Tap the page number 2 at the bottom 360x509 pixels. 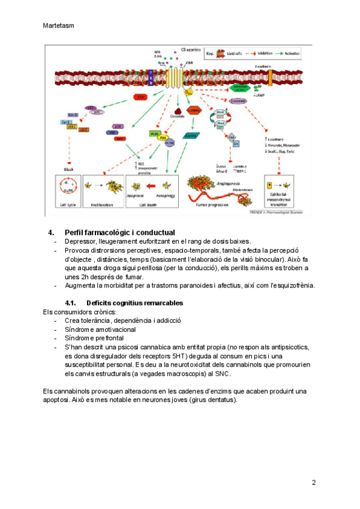click(x=313, y=482)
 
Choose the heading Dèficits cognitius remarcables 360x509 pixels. click(x=134, y=303)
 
